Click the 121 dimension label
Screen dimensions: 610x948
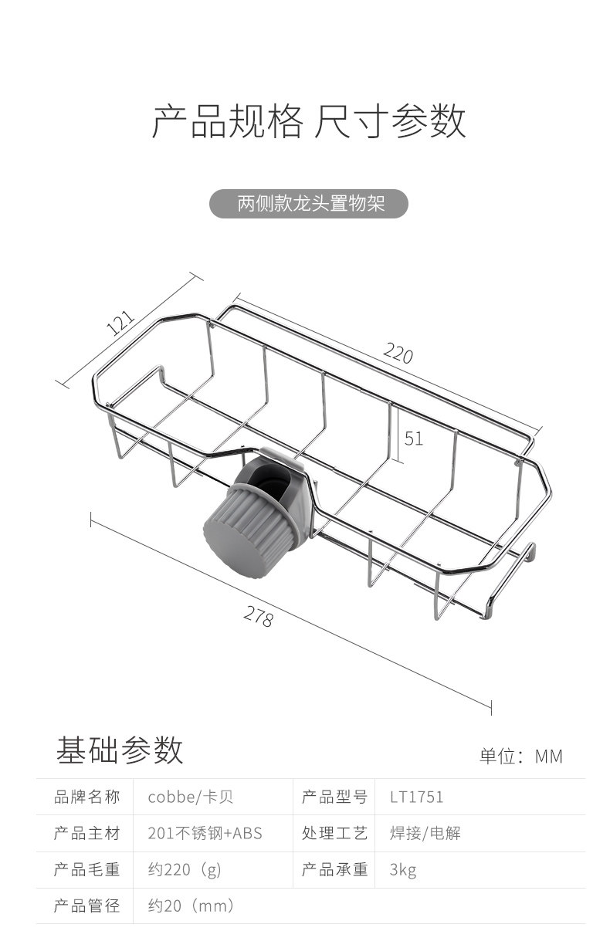(120, 323)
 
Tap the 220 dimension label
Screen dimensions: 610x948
(398, 354)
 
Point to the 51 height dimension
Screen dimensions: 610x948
(414, 438)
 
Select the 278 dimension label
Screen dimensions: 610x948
(259, 616)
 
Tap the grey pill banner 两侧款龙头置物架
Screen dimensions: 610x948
(310, 204)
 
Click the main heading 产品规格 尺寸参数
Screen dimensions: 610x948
(308, 122)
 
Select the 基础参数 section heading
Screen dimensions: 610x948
(120, 750)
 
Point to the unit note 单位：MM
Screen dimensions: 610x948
(521, 756)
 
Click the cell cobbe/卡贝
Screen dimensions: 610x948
(190, 797)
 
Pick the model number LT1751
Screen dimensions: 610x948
(417, 797)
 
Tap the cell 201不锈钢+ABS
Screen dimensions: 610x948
(205, 834)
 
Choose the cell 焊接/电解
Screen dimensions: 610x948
(425, 834)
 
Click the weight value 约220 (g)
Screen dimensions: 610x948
(185, 870)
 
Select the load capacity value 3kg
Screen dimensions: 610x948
(403, 870)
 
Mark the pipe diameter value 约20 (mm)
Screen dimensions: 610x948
(191, 906)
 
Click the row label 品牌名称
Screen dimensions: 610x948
(87, 797)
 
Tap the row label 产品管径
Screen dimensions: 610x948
(87, 906)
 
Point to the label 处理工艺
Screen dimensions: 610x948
(334, 834)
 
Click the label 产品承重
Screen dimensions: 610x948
(334, 870)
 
